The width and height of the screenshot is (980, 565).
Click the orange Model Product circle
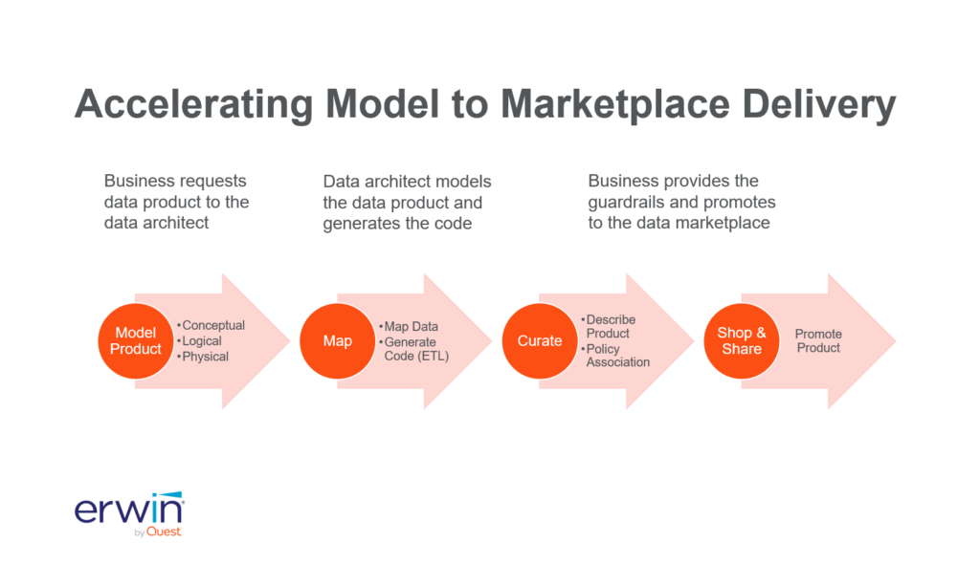tap(136, 341)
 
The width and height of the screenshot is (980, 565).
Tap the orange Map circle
tap(337, 341)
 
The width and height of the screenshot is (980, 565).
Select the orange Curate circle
tap(540, 341)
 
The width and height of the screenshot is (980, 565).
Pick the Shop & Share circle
tap(742, 341)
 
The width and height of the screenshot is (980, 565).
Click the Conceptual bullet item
tap(212, 326)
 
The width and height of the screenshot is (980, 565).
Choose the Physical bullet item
tap(205, 357)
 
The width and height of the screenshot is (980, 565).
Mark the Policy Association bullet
tap(617, 355)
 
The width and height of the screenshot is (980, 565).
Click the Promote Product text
tap(818, 341)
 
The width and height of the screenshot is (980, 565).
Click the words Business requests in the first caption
tap(175, 181)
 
